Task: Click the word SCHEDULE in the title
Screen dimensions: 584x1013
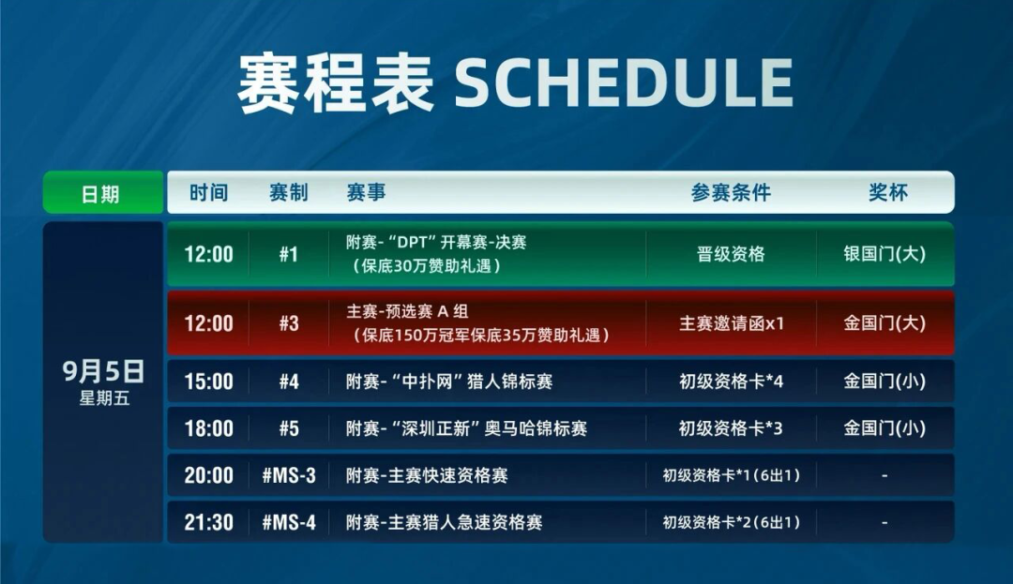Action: coord(624,83)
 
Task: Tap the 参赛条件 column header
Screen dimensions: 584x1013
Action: coord(731,193)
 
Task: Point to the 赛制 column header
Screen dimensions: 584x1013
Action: coord(288,193)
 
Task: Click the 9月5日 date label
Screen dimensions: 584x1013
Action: coord(103,372)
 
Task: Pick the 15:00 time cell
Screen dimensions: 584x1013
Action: coord(208,382)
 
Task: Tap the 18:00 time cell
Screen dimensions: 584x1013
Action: coord(208,428)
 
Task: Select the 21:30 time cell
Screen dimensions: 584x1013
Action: coord(208,522)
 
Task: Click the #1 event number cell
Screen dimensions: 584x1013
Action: coord(288,254)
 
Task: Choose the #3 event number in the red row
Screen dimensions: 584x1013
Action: coord(288,323)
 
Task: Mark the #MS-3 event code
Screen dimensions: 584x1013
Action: coord(288,475)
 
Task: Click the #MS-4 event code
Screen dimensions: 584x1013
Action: coord(288,522)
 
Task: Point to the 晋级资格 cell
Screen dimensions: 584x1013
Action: coord(731,254)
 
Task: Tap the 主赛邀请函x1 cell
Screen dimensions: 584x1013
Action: coord(731,323)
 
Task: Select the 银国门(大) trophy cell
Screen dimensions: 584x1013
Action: coord(884,254)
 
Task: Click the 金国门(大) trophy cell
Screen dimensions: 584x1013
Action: coord(884,323)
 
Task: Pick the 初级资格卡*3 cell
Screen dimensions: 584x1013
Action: coord(731,428)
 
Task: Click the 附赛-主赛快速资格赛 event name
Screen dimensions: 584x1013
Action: coord(427,475)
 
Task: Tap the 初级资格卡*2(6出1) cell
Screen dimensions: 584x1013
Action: coord(731,522)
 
